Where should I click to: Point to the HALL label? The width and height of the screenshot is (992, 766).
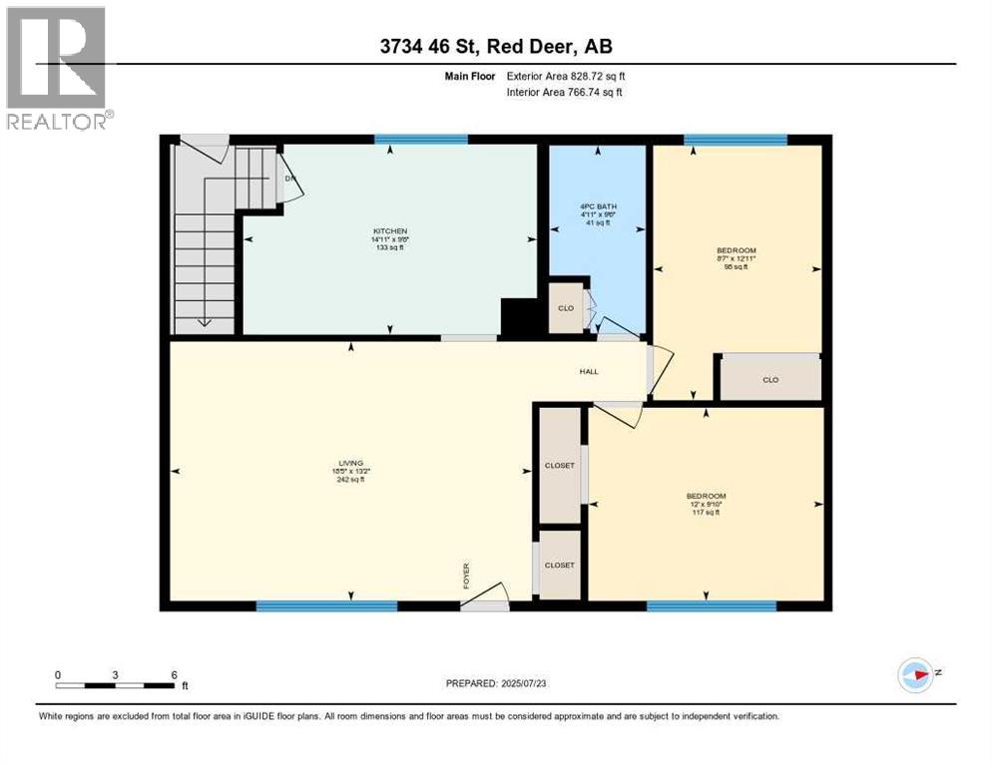(x=589, y=371)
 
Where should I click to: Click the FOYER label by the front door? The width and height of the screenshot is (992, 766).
(x=466, y=575)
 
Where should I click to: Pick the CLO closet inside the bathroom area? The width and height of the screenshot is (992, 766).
(x=566, y=308)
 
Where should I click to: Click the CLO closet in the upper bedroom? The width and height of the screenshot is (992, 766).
(x=769, y=379)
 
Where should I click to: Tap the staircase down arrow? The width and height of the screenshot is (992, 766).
(x=204, y=320)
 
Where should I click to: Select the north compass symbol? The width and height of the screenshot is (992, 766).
(x=914, y=674)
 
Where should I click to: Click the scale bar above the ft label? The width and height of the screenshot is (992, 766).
(x=116, y=684)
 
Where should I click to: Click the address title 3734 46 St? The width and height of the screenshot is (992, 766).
(x=495, y=47)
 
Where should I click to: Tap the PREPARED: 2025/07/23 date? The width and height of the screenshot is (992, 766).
(x=495, y=683)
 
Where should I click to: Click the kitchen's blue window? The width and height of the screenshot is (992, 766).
(x=421, y=140)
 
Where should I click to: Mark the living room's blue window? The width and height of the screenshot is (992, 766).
(x=326, y=605)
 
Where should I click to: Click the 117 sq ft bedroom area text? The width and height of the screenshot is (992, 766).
(x=705, y=513)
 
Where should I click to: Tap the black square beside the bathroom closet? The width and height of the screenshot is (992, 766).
(x=519, y=318)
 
